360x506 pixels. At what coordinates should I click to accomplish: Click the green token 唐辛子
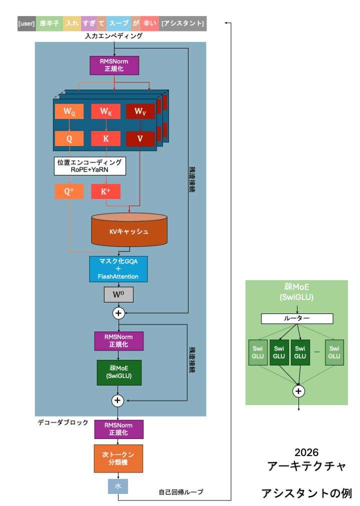(x=49, y=24)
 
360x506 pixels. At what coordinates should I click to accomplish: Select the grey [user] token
(x=26, y=24)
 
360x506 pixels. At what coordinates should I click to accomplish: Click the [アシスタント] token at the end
(x=182, y=24)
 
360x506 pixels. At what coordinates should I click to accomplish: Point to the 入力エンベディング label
(x=114, y=36)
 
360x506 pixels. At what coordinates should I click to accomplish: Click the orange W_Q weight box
(x=69, y=112)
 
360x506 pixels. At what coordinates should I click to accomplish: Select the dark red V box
(x=140, y=138)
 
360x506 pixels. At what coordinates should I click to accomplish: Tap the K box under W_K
(x=105, y=138)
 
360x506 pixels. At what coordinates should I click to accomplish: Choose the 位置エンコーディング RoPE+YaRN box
(x=89, y=166)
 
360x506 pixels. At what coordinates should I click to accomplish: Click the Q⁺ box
(x=69, y=191)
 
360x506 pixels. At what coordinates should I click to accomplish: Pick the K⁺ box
(x=105, y=191)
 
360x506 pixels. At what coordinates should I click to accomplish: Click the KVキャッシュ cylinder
(x=129, y=230)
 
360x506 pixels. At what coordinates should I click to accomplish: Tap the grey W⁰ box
(x=118, y=294)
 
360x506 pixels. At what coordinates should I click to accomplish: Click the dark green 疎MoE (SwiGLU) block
(x=119, y=372)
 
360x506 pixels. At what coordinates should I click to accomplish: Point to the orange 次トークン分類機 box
(x=118, y=458)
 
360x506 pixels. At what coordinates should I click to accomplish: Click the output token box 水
(x=118, y=486)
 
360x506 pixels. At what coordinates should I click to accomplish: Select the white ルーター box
(x=297, y=318)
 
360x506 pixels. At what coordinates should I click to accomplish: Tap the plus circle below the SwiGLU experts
(x=298, y=391)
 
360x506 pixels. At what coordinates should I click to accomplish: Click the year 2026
(x=306, y=452)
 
